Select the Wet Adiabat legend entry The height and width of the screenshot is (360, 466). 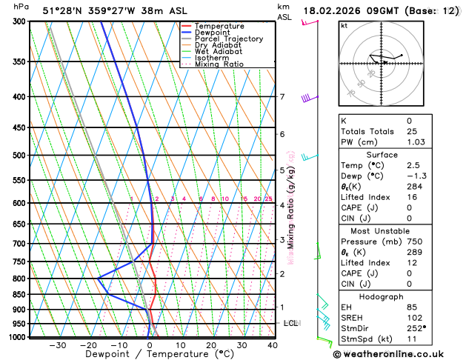(218, 51)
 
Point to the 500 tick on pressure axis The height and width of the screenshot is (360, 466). (20, 156)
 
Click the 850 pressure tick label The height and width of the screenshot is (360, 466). (20, 295)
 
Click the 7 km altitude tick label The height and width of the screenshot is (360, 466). (282, 97)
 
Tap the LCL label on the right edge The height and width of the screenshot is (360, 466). (291, 324)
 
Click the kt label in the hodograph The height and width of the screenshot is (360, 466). (344, 25)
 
